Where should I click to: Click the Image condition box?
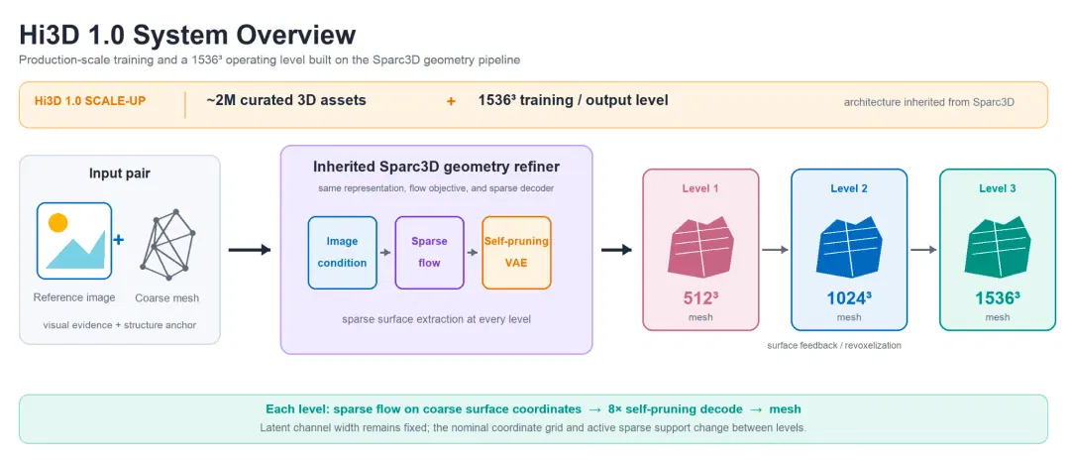tap(342, 253)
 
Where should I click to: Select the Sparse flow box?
tap(429, 253)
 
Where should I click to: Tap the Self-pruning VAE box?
tap(516, 253)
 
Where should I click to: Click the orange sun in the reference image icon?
tap(58, 223)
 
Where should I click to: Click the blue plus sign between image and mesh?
tap(118, 240)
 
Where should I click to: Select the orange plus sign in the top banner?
tap(451, 102)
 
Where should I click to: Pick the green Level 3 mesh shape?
tap(997, 247)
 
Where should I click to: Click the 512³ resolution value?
tap(700, 298)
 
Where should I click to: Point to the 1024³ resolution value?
tap(849, 298)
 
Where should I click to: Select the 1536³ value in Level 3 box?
tap(997, 298)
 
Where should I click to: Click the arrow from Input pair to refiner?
tap(250, 251)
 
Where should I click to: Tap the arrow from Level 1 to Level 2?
tap(775, 250)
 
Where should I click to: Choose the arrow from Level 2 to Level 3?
tap(923, 250)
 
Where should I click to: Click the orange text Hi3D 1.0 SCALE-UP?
tap(90, 101)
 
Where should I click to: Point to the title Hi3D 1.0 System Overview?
tap(187, 35)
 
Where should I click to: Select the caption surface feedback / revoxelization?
tap(834, 346)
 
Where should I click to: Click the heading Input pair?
tap(120, 174)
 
